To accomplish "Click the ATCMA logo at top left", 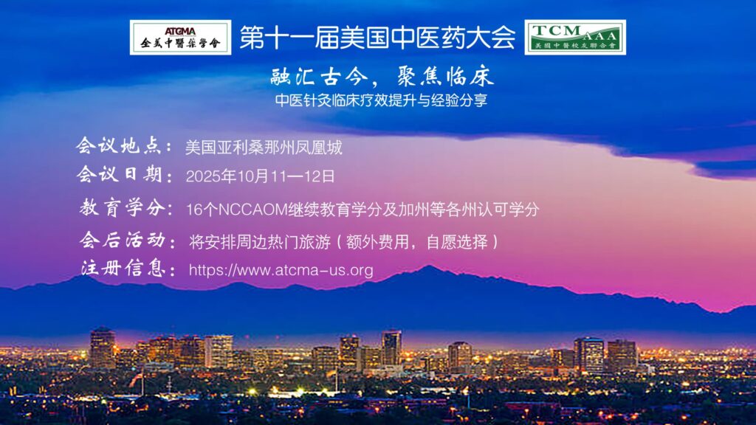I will [180, 37].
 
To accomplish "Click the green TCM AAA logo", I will [575, 37].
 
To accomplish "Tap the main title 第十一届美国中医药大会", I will [377, 38].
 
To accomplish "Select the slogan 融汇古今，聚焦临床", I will [382, 77].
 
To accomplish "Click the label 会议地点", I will [125, 146].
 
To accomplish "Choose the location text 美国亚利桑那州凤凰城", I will [264, 148].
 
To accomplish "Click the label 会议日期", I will [125, 176].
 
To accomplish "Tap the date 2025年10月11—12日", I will [261, 177].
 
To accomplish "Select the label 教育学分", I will [126, 209].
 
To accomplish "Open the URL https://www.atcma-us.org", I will [281, 270].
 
